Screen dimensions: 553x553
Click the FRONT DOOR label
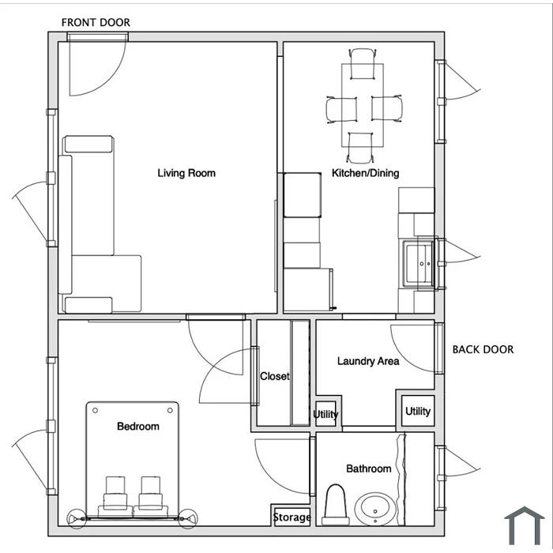[x=96, y=23]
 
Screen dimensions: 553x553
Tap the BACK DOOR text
[x=483, y=349]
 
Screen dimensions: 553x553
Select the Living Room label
[x=186, y=173]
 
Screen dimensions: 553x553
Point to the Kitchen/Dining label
[x=365, y=173]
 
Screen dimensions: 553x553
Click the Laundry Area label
[x=368, y=361]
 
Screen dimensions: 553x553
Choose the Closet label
[x=275, y=376]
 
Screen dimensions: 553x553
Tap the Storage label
[x=292, y=517]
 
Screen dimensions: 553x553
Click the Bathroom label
[x=369, y=468]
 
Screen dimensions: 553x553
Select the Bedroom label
[x=138, y=427]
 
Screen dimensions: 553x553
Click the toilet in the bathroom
[x=335, y=505]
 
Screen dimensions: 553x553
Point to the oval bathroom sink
[x=375, y=509]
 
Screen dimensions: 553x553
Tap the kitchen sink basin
[x=419, y=263]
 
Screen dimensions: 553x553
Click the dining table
[x=363, y=105]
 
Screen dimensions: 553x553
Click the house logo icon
[x=524, y=525]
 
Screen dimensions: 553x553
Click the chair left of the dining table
[x=341, y=110]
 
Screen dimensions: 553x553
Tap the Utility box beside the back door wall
[x=418, y=412]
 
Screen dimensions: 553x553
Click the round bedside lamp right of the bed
[x=188, y=518]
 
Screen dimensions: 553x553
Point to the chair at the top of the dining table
[x=362, y=64]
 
